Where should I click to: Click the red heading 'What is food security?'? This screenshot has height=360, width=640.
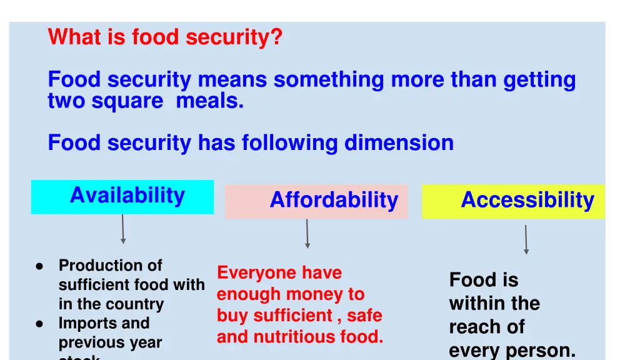click(x=165, y=37)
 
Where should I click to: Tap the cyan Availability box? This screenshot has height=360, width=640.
click(x=122, y=197)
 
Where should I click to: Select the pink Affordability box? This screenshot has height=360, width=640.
click(x=316, y=201)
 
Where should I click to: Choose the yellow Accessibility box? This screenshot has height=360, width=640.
click(x=514, y=201)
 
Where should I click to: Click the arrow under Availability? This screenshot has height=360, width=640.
click(x=122, y=229)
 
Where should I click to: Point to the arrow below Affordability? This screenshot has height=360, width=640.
click(x=307, y=234)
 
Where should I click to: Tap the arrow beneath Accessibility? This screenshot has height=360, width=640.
click(x=526, y=239)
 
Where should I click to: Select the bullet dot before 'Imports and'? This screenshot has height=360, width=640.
click(x=39, y=324)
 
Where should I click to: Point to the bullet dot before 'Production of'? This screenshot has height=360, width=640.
click(x=39, y=266)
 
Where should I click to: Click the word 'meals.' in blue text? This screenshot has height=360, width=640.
click(x=210, y=101)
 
